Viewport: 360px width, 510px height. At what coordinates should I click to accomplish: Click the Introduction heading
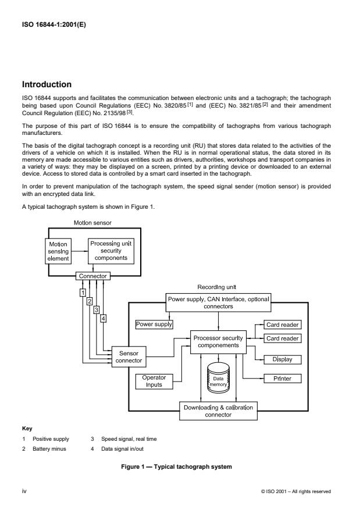tap(47, 84)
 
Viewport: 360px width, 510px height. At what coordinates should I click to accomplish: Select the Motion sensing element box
tap(58, 250)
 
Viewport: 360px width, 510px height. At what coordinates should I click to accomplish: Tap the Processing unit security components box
tap(111, 249)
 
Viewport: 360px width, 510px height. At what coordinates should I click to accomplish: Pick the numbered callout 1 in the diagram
tap(83, 292)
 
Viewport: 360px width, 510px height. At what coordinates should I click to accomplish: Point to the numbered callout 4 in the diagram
tap(103, 318)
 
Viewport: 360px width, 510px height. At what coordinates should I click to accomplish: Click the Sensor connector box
tap(129, 356)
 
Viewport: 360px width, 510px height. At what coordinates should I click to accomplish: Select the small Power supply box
tap(154, 323)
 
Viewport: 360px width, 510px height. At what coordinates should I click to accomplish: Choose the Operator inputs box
tap(154, 381)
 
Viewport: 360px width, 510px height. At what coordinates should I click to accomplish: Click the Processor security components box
tap(218, 341)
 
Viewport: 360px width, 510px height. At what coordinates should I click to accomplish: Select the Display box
tap(283, 359)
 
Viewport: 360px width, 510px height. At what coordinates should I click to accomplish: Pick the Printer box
tap(283, 379)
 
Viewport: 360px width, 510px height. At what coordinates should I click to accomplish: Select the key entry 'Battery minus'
tap(49, 449)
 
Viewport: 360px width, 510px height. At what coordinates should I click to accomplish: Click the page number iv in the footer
tap(24, 491)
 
